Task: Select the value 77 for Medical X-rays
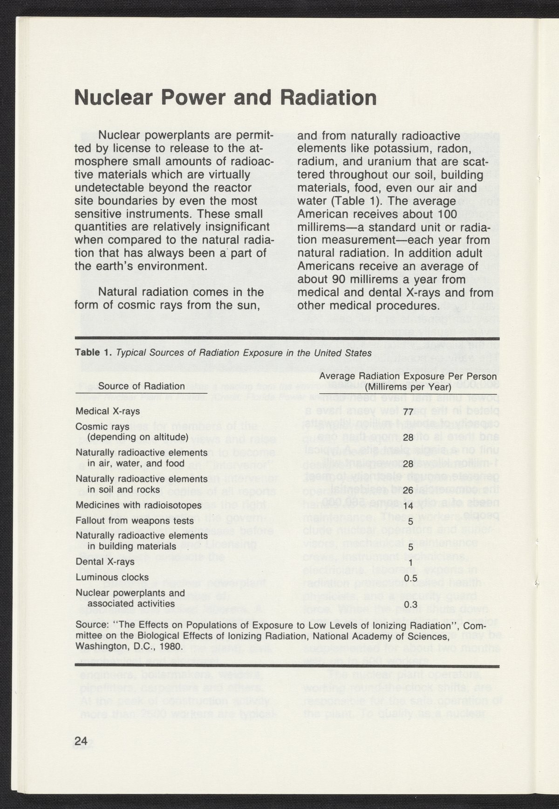click(409, 412)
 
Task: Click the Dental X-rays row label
click(105, 562)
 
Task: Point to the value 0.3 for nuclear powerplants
click(410, 605)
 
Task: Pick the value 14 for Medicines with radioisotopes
click(409, 506)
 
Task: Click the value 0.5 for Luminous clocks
click(410, 578)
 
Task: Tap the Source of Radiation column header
click(141, 386)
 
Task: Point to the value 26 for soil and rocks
click(409, 491)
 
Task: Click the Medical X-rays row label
click(107, 412)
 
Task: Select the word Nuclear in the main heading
click(118, 97)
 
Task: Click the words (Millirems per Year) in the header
click(408, 387)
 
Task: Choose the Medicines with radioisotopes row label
click(138, 505)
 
